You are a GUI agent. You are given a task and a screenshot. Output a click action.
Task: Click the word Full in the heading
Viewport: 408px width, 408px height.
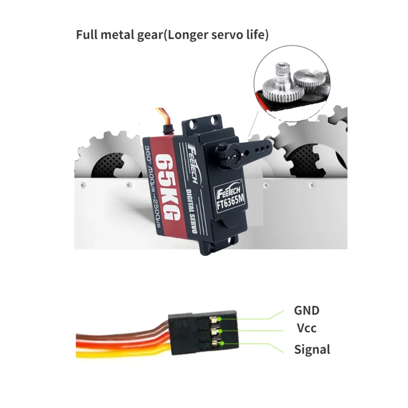click(86, 35)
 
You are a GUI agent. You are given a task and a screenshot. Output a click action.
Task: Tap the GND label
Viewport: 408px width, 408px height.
click(307, 311)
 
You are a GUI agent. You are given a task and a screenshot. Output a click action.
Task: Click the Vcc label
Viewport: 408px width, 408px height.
click(306, 328)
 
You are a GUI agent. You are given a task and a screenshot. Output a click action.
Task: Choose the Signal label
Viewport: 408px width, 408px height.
click(312, 349)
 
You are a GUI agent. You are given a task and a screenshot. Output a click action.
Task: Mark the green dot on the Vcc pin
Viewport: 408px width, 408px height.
click(221, 331)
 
